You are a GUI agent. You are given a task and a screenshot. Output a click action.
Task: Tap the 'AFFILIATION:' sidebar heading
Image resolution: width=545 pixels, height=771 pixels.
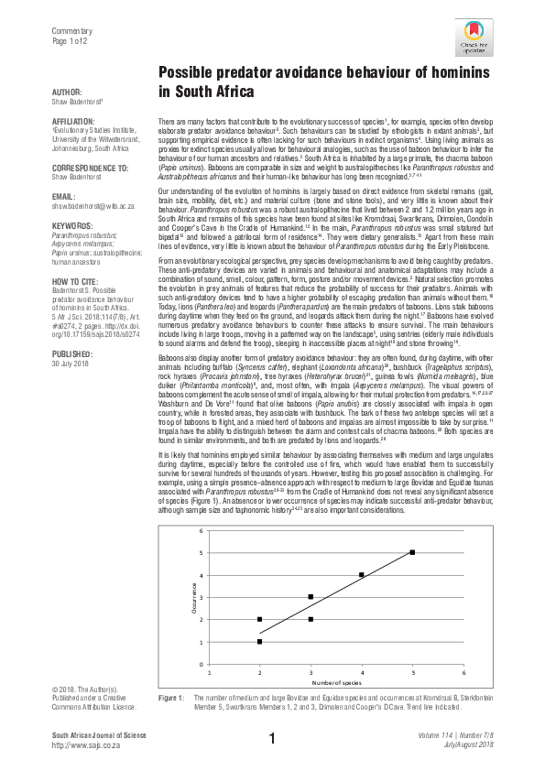(x=76, y=121)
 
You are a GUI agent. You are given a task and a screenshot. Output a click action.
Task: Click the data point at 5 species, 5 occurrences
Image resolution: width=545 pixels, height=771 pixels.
(x=412, y=552)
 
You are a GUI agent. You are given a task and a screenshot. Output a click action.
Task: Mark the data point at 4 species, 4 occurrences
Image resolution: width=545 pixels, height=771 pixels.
(x=362, y=575)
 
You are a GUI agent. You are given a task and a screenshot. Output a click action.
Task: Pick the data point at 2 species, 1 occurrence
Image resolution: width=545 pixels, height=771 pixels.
(x=259, y=642)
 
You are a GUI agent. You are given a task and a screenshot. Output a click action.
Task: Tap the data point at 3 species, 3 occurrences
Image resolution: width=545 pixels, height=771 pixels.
(x=311, y=597)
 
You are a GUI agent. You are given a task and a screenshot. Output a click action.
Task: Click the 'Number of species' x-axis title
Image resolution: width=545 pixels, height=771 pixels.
(x=336, y=683)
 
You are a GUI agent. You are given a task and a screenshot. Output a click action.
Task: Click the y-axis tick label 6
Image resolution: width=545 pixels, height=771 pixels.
(x=201, y=530)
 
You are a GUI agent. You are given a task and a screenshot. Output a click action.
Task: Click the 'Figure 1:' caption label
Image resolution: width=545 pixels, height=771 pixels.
(x=172, y=699)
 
